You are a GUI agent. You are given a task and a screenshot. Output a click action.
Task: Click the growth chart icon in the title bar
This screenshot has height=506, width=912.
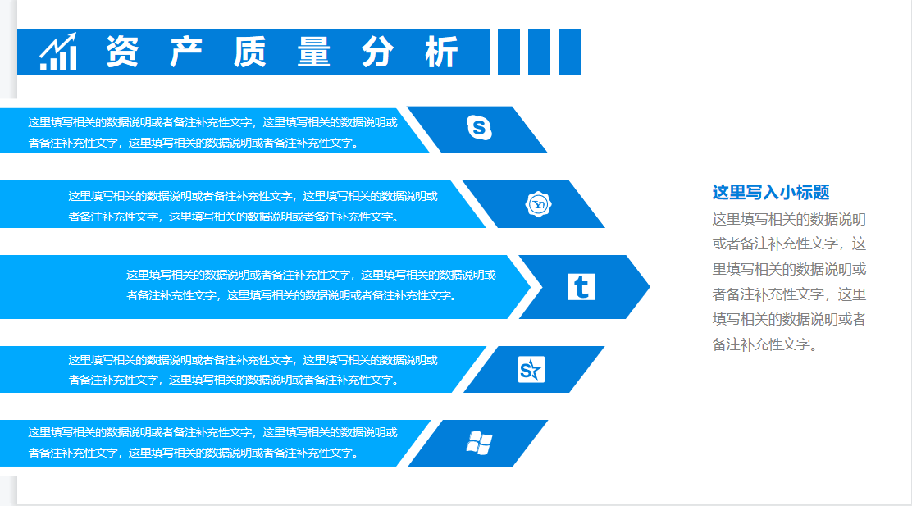pyautogui.click(x=58, y=52)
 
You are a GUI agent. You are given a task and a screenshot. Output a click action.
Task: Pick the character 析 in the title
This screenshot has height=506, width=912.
pyautogui.click(x=441, y=52)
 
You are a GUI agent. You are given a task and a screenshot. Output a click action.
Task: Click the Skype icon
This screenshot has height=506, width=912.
pyautogui.click(x=479, y=128)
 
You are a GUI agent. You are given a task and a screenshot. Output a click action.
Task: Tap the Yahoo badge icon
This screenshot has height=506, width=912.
pyautogui.click(x=538, y=203)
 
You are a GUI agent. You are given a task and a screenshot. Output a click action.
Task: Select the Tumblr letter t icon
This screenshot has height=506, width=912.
pyautogui.click(x=581, y=286)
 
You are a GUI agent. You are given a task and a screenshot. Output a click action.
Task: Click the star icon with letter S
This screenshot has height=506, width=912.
pyautogui.click(x=531, y=370)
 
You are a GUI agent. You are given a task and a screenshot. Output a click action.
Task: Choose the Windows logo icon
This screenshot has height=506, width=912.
pyautogui.click(x=479, y=443)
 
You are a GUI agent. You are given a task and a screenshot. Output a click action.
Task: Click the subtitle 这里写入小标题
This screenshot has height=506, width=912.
pyautogui.click(x=771, y=193)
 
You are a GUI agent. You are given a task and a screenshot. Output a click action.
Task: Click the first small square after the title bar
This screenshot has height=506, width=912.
pyautogui.click(x=508, y=52)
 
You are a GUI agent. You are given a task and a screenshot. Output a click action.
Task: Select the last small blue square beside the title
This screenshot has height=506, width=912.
pyautogui.click(x=571, y=52)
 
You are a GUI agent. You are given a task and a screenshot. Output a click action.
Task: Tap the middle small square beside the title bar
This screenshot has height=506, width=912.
pyautogui.click(x=540, y=52)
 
